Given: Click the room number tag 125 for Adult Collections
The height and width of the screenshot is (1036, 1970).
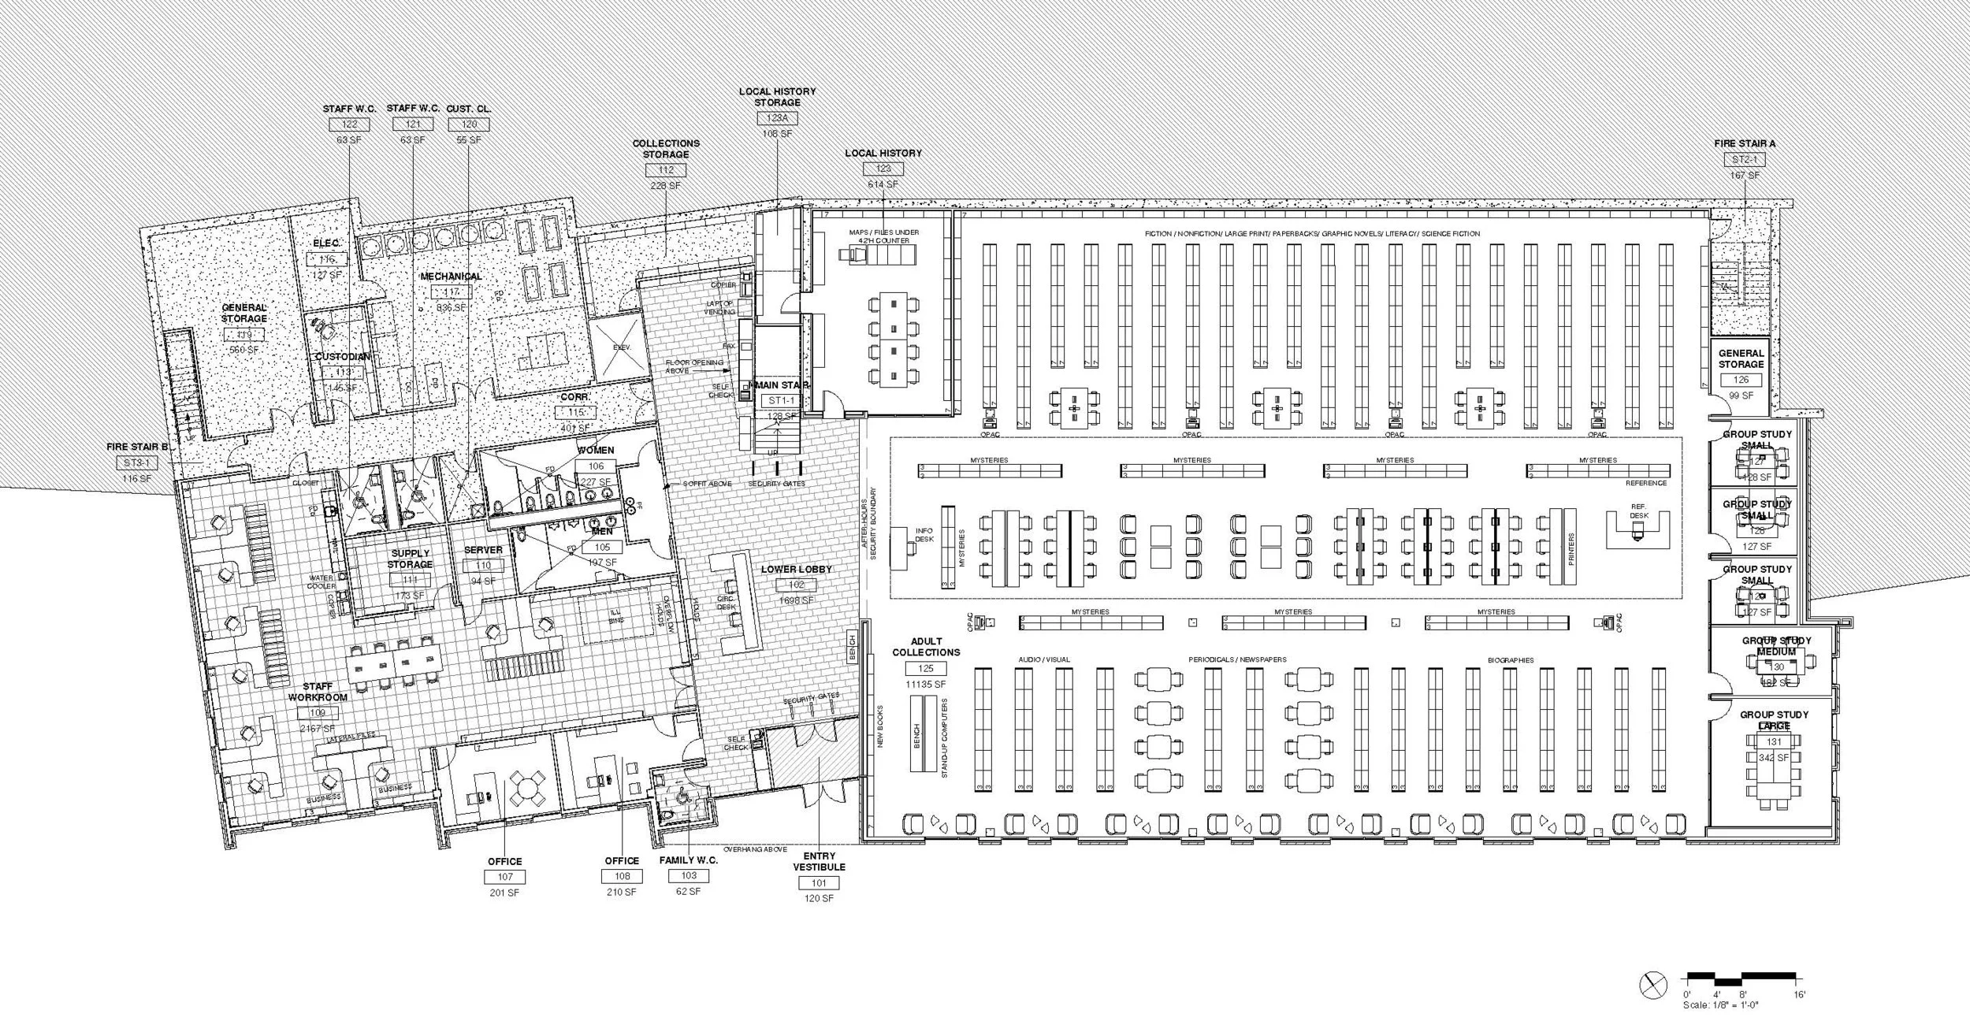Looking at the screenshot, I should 926,669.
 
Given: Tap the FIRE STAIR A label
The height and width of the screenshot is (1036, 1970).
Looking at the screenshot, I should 1745,143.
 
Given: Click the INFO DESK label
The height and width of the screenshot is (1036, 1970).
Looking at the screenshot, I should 924,535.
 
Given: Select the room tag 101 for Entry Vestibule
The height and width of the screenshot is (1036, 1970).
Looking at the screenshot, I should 819,883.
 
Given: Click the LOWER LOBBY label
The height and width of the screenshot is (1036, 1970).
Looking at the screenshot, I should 796,569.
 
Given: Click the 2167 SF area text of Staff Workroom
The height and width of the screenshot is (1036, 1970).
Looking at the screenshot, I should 318,729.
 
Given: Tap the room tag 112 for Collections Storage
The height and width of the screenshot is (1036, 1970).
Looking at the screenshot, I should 665,170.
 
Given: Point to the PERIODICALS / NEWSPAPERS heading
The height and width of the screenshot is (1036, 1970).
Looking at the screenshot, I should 1237,660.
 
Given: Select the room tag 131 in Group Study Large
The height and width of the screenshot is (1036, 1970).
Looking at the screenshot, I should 1774,742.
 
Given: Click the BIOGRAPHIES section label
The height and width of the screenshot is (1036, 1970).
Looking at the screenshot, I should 1511,660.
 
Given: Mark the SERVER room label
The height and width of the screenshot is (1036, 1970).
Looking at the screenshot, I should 483,550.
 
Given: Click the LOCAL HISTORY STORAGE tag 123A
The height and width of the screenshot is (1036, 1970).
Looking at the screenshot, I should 777,118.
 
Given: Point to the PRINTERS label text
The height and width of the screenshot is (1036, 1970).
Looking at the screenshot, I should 1570,548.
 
